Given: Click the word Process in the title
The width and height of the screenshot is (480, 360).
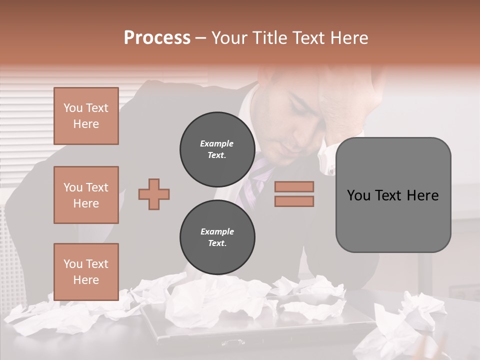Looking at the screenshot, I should point(157,38).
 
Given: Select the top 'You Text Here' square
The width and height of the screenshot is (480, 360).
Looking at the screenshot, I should point(86,116).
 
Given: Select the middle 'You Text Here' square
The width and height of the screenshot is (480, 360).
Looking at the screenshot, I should point(86,195).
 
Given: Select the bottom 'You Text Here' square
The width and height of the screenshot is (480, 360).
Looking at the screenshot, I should point(86,272).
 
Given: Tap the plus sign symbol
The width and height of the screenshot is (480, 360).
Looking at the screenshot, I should point(154,194).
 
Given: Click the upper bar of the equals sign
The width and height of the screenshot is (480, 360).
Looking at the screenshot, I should point(294,186).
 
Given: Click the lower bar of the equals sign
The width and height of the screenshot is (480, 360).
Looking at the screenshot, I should point(294,201).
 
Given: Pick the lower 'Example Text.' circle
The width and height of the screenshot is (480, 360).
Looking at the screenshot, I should point(217,237).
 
